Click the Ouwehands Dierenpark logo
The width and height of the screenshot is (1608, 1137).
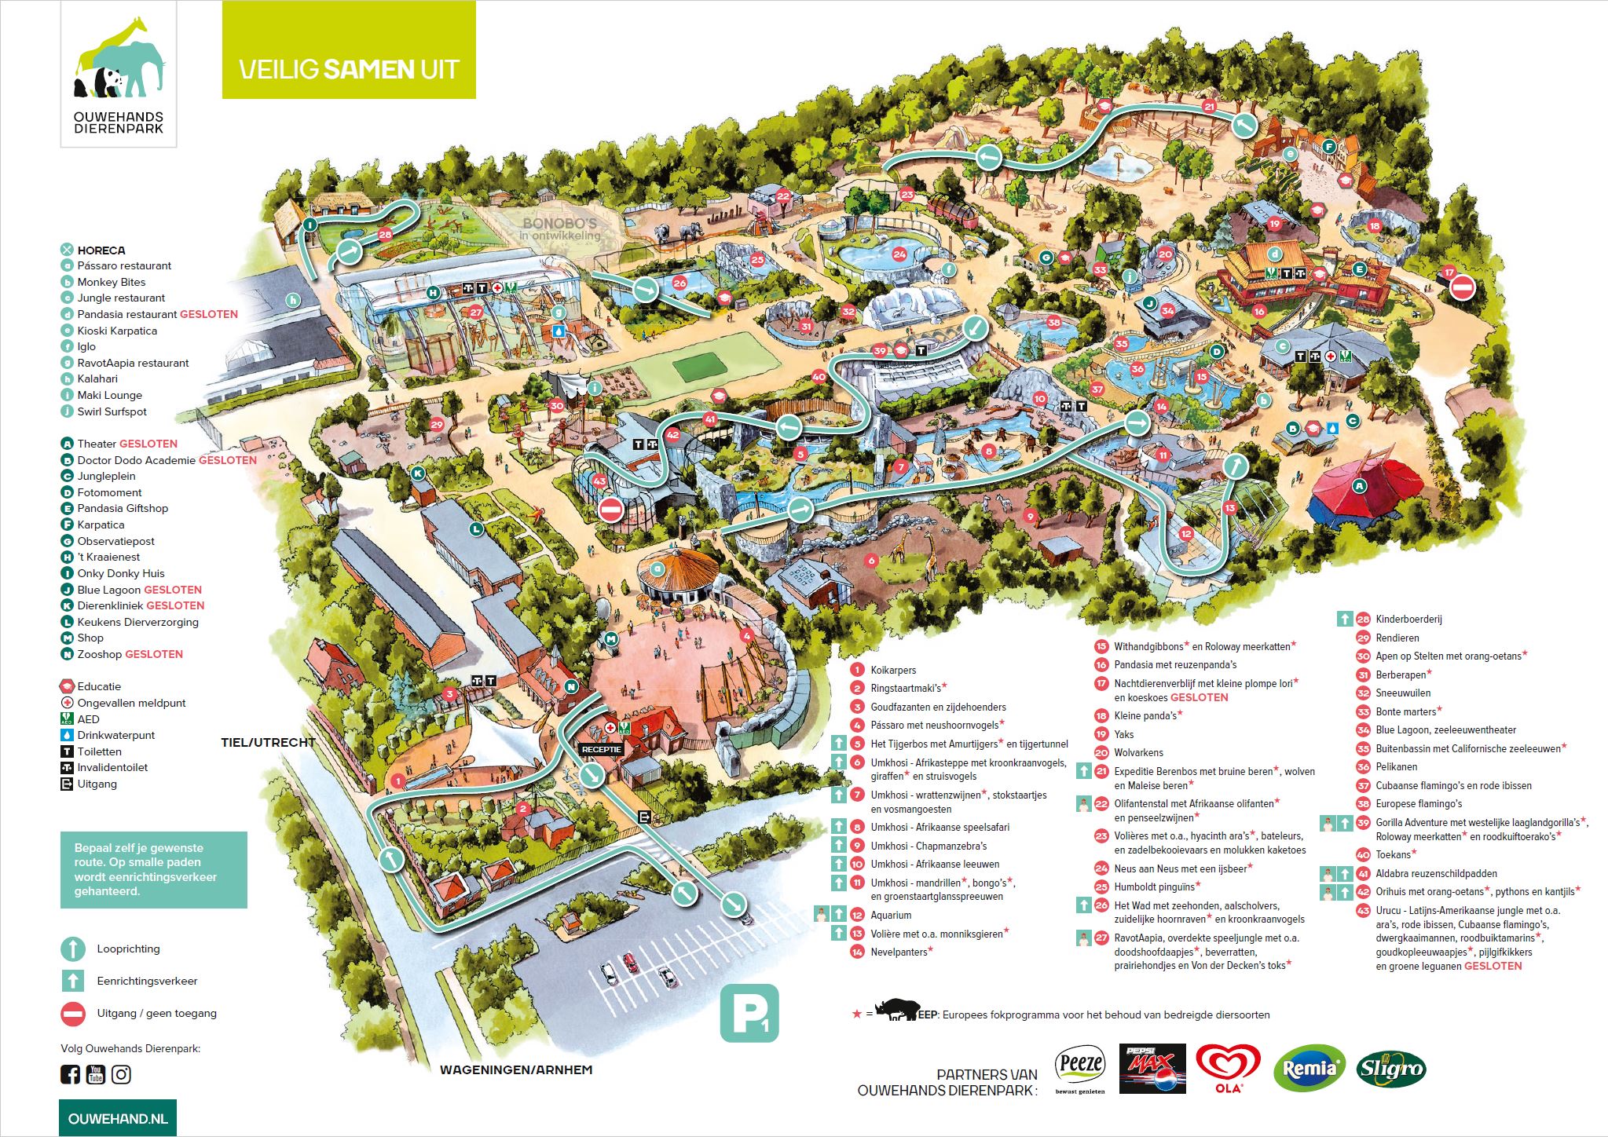point(119,75)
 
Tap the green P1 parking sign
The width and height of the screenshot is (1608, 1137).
point(749,1013)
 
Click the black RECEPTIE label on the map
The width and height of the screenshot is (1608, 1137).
point(601,749)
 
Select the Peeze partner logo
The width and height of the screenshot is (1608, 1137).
point(1080,1069)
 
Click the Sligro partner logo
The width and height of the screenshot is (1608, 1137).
point(1390,1069)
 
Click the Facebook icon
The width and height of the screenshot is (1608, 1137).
point(70,1074)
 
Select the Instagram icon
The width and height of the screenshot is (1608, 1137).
point(121,1074)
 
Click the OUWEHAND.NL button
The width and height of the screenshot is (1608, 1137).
point(118,1118)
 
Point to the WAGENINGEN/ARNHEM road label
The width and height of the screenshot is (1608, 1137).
point(516,1069)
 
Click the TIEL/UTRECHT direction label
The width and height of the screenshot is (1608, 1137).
point(268,742)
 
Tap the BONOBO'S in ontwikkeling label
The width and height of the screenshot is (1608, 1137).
point(560,228)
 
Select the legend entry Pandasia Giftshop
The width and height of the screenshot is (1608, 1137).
point(123,508)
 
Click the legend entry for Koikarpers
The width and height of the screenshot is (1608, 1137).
point(893,670)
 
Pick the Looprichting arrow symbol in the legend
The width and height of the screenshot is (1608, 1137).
point(73,949)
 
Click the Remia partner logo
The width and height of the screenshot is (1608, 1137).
point(1308,1069)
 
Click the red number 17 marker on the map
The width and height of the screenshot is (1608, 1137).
point(1449,272)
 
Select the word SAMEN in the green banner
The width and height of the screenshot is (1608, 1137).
point(368,69)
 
